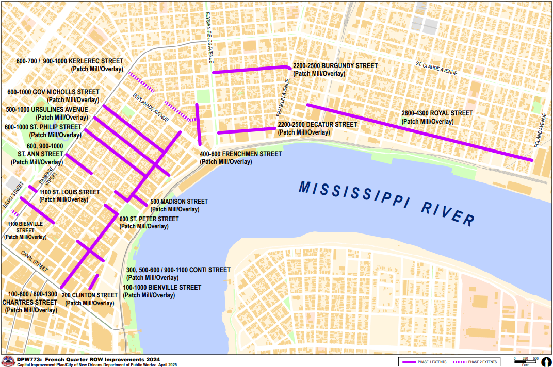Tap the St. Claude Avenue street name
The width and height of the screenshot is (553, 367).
(436, 68)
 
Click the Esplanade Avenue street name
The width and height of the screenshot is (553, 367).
(151, 107)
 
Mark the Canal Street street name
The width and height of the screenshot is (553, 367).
(34, 261)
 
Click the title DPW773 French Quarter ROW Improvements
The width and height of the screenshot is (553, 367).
(88, 359)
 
